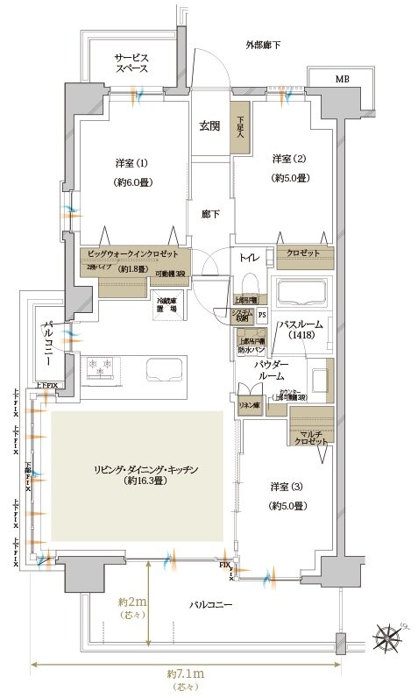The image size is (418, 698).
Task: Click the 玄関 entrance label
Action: (x=209, y=126)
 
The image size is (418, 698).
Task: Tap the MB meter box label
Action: (x=341, y=80)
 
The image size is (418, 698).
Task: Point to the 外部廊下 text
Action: (x=262, y=45)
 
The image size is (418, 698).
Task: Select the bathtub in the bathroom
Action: (x=301, y=294)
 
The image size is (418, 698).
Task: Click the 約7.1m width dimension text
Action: (x=185, y=674)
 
